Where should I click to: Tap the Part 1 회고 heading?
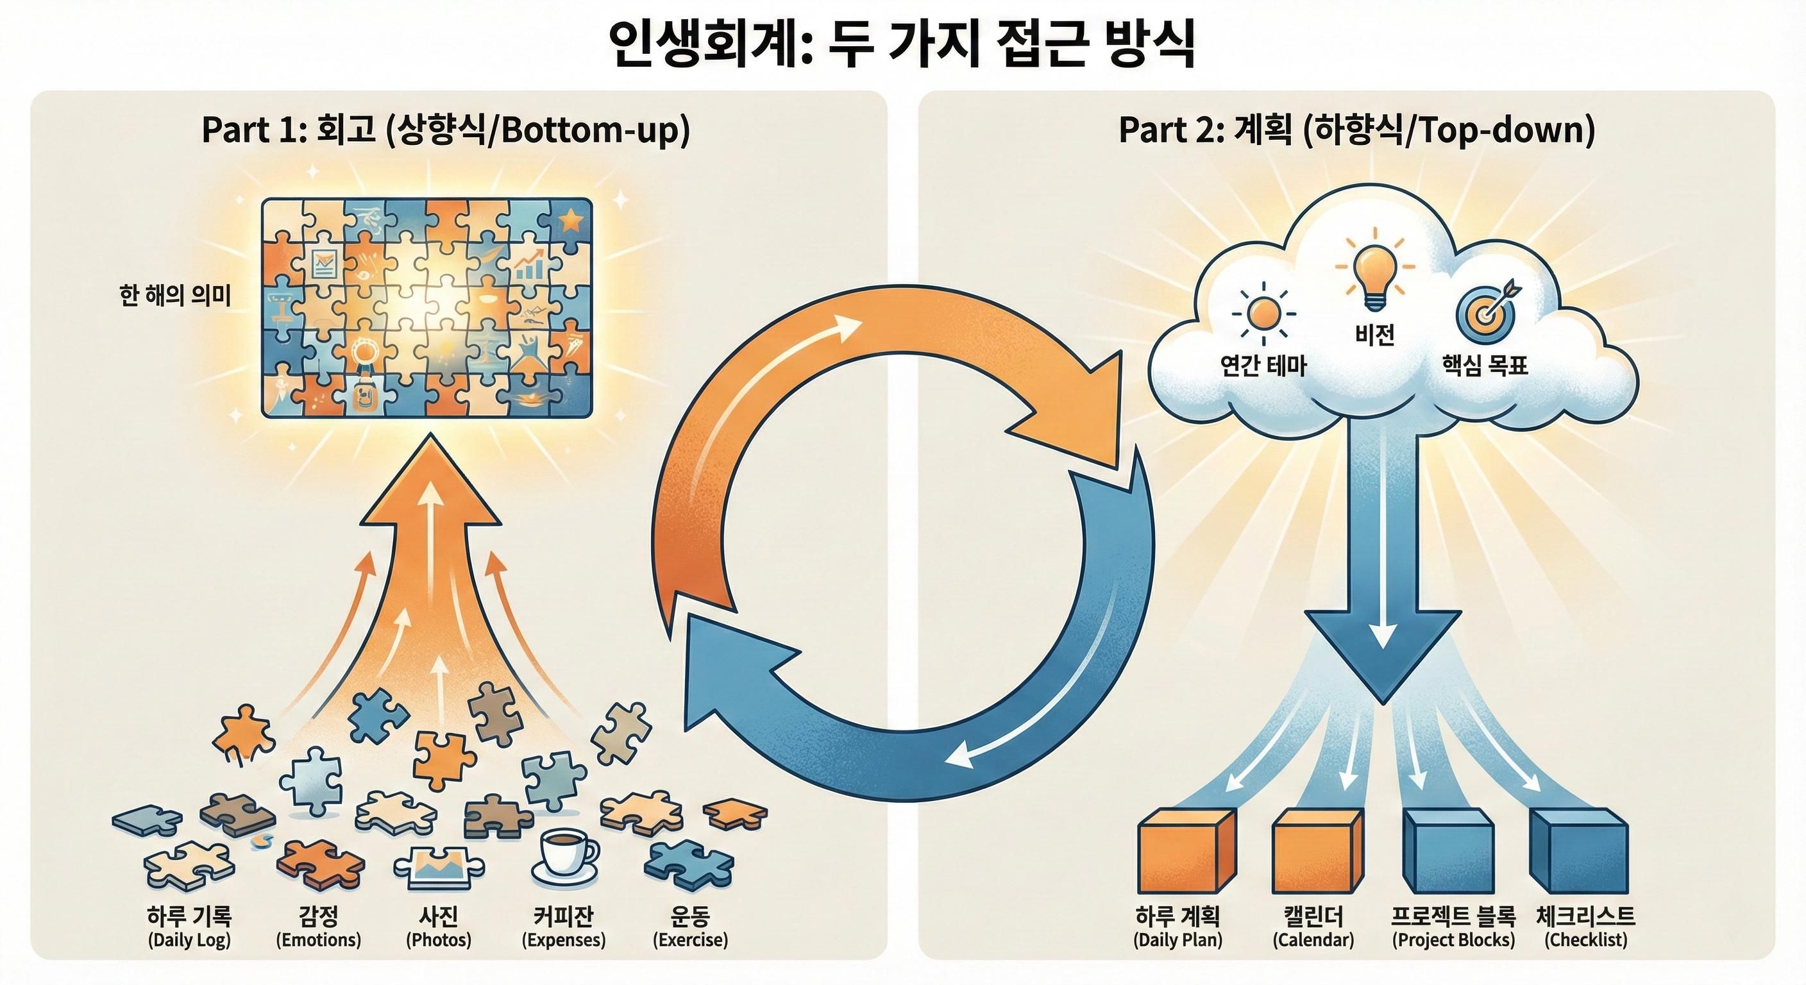[x=446, y=130]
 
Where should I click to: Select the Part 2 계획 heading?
[x=1356, y=130]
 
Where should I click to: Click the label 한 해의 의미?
[x=175, y=296]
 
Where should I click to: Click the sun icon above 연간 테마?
[x=1263, y=314]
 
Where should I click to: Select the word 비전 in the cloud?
[x=1374, y=335]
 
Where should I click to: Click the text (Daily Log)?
[x=189, y=940]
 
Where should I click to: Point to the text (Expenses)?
[x=563, y=940]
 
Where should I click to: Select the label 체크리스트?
[x=1585, y=916]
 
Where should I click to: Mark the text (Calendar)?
[x=1313, y=940]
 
